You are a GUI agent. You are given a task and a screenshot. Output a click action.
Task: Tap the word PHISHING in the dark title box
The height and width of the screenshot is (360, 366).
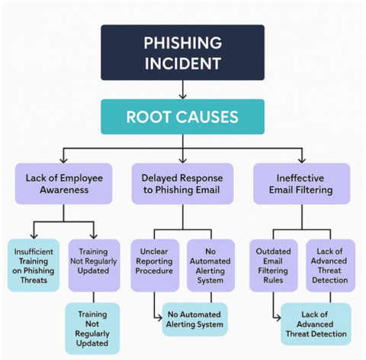point(182,42)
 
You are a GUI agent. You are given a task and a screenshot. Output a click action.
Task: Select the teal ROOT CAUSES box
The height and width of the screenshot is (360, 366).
point(182,117)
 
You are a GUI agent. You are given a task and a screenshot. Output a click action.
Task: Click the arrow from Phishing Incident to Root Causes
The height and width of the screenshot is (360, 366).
point(182,90)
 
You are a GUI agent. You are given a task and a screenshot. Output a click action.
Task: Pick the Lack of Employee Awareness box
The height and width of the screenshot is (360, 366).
point(63,184)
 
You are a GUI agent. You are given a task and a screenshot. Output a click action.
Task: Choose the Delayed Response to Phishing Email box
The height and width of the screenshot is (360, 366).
point(182,184)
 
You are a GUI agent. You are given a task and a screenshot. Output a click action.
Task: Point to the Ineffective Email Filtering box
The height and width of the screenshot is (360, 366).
point(302,184)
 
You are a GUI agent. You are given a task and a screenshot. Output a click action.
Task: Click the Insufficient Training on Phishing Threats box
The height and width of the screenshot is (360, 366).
point(33,265)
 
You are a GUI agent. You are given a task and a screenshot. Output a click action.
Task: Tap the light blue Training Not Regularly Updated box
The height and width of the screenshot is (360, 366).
point(93,328)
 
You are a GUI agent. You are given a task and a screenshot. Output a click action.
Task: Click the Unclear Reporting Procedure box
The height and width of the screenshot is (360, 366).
point(154,265)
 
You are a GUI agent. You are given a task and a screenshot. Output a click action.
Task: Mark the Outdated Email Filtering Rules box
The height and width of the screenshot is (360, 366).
point(273,265)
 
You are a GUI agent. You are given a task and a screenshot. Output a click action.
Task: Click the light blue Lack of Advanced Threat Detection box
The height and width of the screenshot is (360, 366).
point(316,323)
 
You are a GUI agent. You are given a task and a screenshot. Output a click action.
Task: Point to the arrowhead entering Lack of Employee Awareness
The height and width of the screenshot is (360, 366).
point(63,159)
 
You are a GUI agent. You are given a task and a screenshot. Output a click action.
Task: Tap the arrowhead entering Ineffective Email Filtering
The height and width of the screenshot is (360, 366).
point(302,159)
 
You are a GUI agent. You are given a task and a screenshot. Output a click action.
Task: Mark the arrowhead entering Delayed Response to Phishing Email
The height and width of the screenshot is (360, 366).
point(182,159)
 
